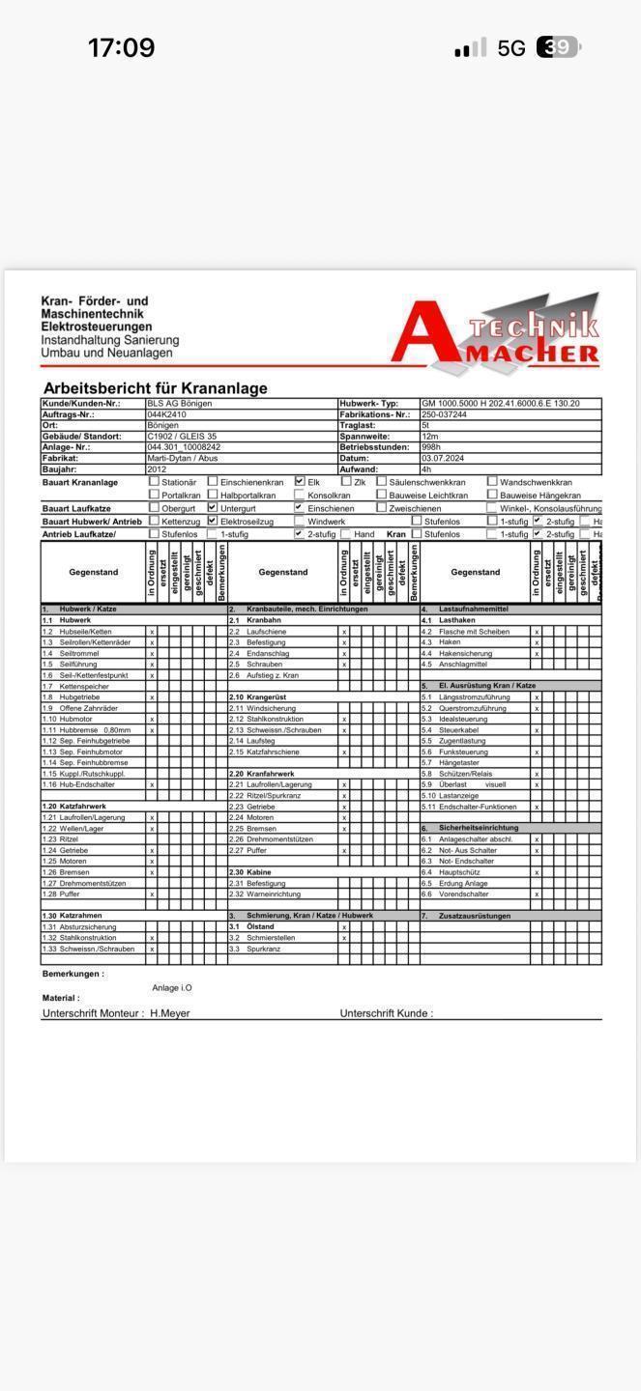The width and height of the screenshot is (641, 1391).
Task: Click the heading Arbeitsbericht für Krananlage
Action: point(155,388)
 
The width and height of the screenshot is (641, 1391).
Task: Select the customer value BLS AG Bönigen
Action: point(180,404)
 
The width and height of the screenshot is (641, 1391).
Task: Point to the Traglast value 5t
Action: point(425,426)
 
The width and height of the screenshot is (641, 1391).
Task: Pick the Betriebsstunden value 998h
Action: point(431,447)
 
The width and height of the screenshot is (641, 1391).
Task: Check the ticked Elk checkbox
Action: point(300,481)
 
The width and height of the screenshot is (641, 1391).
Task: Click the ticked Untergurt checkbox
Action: point(213,507)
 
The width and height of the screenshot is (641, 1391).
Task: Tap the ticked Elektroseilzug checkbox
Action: point(213,521)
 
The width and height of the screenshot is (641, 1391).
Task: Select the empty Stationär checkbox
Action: point(154,481)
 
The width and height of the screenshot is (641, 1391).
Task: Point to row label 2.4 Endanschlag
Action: point(267,653)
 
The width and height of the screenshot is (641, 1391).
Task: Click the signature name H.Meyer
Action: point(170,1013)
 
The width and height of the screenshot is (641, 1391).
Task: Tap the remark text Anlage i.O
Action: point(172,988)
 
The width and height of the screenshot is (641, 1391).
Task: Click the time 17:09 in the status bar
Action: point(121,47)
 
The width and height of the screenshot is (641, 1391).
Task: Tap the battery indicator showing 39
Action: point(558,47)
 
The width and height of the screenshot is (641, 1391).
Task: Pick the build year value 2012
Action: point(157,469)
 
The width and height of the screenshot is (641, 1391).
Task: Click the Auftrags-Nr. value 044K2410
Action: point(166,414)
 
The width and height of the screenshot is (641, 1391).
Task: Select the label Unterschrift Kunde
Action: point(385,1013)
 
